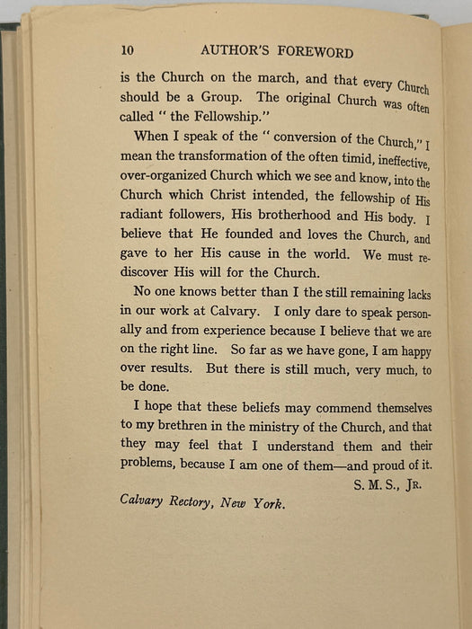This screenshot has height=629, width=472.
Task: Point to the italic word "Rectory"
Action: [196, 503]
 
